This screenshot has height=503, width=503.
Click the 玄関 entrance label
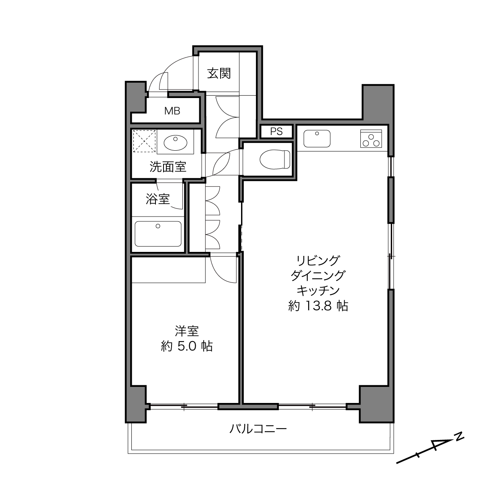(x=219, y=74)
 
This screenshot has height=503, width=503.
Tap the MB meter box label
(x=172, y=111)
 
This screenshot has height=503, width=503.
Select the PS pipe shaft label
(x=276, y=131)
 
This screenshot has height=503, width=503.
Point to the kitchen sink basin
(x=317, y=139)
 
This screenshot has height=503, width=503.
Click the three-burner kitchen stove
(x=371, y=139)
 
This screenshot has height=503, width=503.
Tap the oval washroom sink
(x=176, y=143)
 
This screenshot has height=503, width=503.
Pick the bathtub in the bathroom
(x=158, y=233)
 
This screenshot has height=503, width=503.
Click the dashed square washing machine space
(x=144, y=141)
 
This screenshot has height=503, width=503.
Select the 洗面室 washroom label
(x=168, y=167)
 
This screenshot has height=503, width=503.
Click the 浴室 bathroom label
(x=157, y=199)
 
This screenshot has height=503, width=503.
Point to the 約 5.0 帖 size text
(x=187, y=346)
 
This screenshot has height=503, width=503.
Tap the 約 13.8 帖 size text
(x=318, y=306)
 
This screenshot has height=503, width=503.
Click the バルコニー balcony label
(x=258, y=429)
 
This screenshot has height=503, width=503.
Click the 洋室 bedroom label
(x=187, y=331)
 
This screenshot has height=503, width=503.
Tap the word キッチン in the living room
(x=318, y=290)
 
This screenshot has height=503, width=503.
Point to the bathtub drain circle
(x=157, y=226)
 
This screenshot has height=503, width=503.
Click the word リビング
(x=318, y=260)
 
